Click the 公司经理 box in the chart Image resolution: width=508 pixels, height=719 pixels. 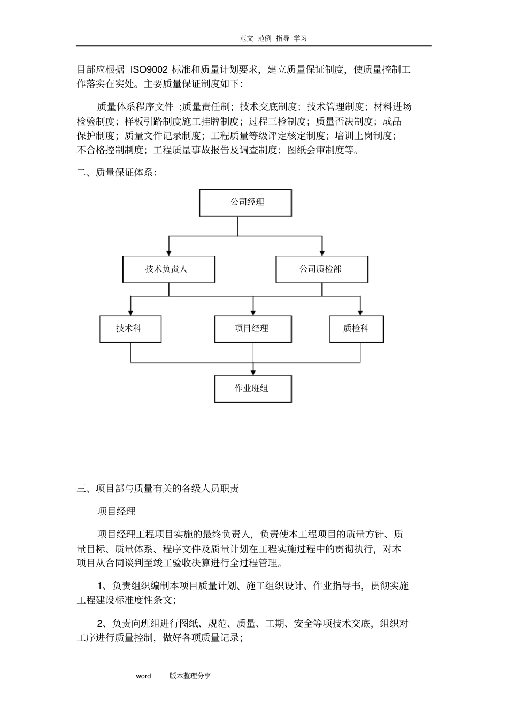(245, 203)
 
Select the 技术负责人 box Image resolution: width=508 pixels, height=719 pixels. (168, 269)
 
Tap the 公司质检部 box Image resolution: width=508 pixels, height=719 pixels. (321, 269)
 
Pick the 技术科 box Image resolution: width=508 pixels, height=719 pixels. (130, 329)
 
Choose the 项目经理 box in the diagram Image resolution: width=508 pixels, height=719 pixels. (253, 329)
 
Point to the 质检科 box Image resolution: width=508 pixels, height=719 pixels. (357, 329)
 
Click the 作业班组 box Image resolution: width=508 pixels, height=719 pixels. (253, 389)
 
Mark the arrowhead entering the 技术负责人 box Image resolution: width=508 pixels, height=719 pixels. (169, 252)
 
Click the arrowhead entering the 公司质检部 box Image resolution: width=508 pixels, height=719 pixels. (322, 252)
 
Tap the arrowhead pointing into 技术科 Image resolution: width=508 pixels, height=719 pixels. (130, 312)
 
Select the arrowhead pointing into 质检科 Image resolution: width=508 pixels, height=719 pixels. (360, 312)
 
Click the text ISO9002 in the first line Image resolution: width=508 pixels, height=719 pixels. (149, 69)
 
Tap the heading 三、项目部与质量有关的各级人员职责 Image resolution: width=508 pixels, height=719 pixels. (158, 488)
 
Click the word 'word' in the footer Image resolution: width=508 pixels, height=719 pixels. (143, 676)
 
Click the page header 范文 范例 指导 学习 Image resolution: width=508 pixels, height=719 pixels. (273, 38)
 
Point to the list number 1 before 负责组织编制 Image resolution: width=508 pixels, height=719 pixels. (100, 586)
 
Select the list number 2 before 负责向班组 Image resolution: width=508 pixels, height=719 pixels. (100, 623)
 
